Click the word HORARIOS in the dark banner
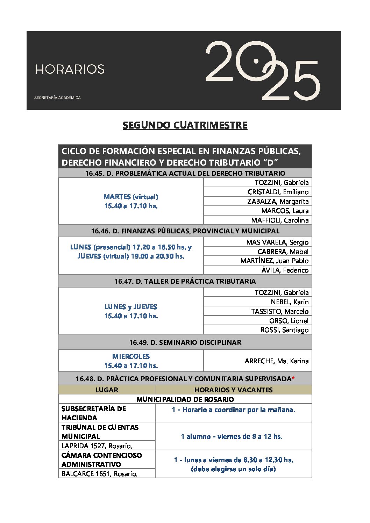[70, 69]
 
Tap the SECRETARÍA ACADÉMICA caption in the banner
[57, 97]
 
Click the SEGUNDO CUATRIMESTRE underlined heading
[185, 125]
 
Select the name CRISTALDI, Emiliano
[278, 192]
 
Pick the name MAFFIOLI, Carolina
[280, 220]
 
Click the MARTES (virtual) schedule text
[131, 197]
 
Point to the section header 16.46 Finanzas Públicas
[185, 231]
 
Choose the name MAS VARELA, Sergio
[277, 242]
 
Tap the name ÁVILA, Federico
[285, 270]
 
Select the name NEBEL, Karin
[290, 302]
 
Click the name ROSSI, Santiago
[284, 330]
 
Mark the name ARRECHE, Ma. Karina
[276, 361]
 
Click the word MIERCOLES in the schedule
[131, 356]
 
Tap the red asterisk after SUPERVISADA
[293, 379]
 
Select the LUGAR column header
[107, 390]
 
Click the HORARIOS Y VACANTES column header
[233, 390]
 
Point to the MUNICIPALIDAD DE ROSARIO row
[185, 399]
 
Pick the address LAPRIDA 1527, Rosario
[97, 446]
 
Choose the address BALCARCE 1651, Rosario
[99, 474]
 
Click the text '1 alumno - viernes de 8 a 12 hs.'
[232, 436]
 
